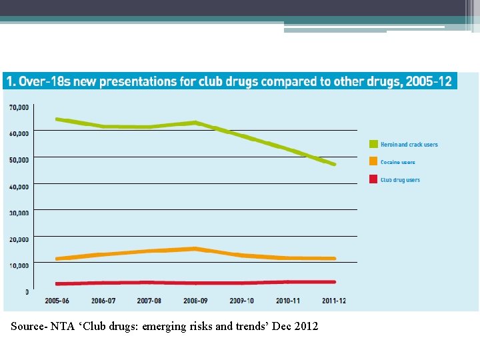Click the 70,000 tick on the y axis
19,107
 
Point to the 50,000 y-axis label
19,160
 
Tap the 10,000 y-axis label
19,265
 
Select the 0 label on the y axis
27,292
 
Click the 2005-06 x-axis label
57,301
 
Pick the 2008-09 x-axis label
195,301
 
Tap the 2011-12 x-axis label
333,301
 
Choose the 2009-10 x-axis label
241,301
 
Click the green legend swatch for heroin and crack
374,144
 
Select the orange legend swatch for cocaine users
374,162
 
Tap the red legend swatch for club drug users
374,179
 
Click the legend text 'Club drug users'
400,180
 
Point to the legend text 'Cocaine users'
397,162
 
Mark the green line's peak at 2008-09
195,122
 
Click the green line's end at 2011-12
334,164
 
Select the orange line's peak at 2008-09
195,249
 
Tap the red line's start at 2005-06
57,284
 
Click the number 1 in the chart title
9,81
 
